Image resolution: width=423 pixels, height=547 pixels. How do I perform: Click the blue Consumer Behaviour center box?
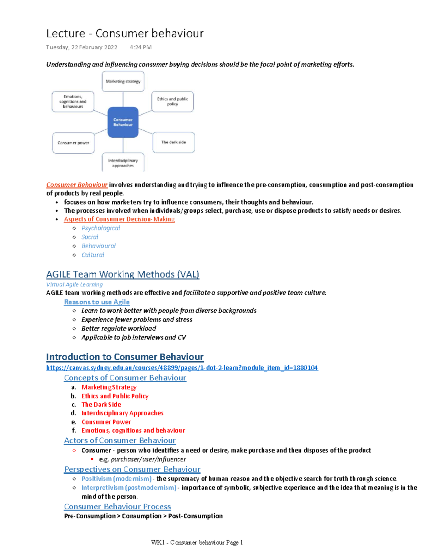click(123, 122)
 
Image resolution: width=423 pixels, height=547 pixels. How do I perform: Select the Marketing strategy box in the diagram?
click(123, 81)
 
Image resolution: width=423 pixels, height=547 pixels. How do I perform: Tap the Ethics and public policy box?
click(172, 101)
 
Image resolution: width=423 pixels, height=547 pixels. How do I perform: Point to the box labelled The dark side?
click(173, 142)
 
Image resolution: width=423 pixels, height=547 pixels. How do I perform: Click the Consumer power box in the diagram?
click(73, 143)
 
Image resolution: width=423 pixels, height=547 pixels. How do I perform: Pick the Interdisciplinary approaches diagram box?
click(123, 163)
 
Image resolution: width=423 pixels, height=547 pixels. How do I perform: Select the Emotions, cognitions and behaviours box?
click(73, 101)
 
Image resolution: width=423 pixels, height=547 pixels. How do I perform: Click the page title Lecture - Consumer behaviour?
click(125, 33)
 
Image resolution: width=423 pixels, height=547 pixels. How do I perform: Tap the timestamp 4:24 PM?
click(140, 47)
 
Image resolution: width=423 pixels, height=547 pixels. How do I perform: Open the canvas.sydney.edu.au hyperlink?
click(182, 368)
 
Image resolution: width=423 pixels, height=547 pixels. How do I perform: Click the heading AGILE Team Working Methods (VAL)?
click(123, 274)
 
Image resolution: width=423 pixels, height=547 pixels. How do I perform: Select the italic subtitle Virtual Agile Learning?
click(74, 284)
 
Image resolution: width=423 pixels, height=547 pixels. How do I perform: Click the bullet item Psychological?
click(101, 228)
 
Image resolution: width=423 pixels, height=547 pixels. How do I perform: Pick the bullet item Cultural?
click(93, 255)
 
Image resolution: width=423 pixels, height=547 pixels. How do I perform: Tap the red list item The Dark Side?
click(101, 405)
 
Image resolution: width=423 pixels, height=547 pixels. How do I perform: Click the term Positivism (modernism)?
click(116, 479)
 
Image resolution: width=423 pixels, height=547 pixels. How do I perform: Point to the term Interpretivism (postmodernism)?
click(129, 487)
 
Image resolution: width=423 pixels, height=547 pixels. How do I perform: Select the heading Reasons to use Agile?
click(97, 302)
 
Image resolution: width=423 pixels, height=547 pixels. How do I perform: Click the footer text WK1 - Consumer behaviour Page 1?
click(197, 542)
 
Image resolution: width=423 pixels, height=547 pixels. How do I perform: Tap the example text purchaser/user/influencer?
click(148, 459)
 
